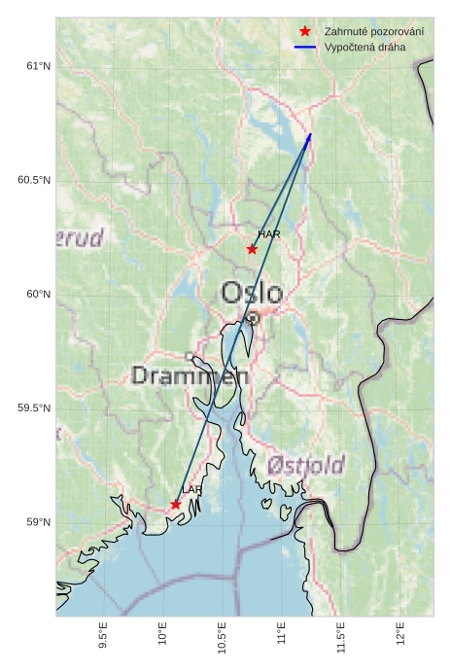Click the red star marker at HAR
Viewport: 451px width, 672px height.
[252, 249]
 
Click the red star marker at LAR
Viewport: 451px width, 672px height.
[176, 505]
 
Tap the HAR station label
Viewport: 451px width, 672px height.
[269, 234]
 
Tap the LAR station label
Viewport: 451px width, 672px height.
[191, 489]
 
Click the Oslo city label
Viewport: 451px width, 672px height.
[252, 293]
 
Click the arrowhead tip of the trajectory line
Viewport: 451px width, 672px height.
[311, 133]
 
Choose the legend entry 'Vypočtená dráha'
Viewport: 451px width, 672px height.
[364, 47]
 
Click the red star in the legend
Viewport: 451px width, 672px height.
[305, 32]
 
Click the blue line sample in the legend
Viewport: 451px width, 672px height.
[305, 47]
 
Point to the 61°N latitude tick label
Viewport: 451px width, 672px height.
[37, 66]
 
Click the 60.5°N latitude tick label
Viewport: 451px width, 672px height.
[34, 181]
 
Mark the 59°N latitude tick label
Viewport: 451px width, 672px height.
[37, 523]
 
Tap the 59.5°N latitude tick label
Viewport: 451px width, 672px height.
[34, 408]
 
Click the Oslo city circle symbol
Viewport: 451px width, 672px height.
[253, 318]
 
